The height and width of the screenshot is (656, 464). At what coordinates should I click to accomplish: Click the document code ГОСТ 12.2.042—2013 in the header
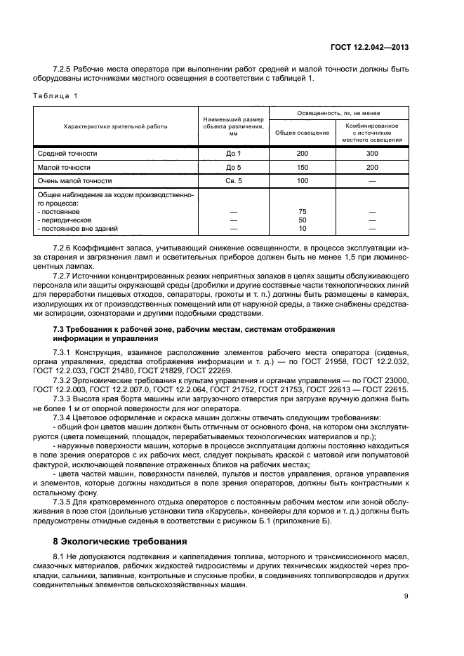(371, 48)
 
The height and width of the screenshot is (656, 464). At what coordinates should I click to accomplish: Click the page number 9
(406, 596)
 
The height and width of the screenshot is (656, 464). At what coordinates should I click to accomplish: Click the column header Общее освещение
(303, 132)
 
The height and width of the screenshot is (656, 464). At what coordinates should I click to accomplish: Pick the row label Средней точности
(67, 153)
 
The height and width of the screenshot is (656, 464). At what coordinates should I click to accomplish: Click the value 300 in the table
(372, 153)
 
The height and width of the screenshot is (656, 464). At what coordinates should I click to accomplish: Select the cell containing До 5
(234, 168)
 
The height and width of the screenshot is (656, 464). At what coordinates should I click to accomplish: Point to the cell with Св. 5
(234, 182)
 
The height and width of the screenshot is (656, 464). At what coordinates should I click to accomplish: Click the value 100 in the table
(303, 182)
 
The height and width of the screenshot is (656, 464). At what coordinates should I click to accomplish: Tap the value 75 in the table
(303, 210)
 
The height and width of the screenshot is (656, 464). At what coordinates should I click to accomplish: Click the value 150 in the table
(303, 168)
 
